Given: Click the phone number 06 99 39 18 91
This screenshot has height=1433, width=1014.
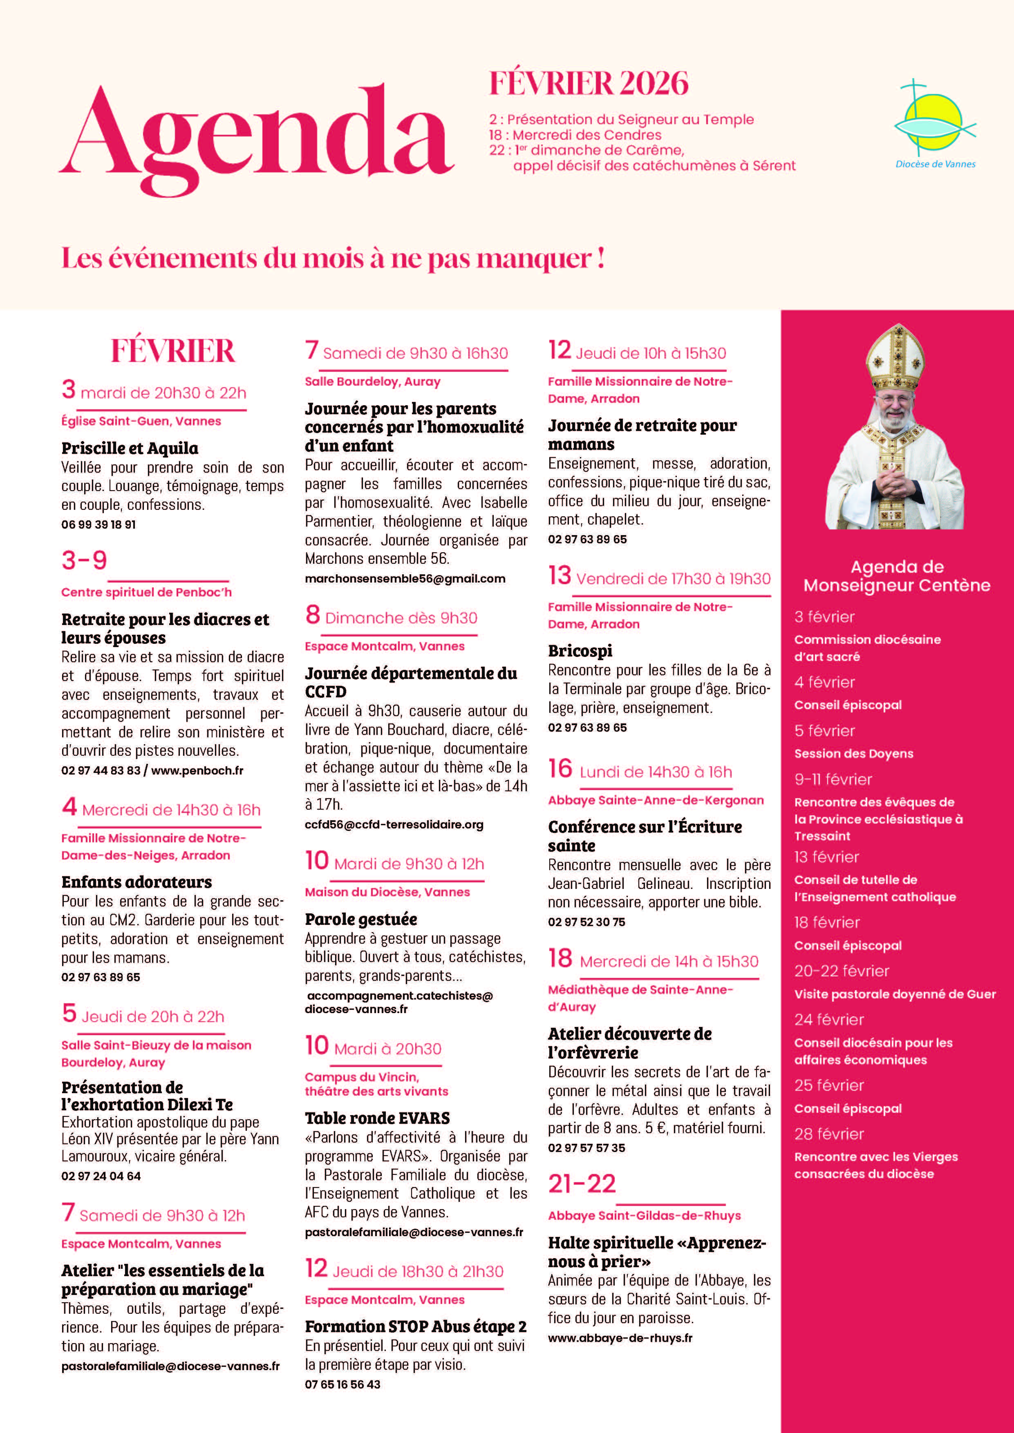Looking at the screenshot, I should [98, 524].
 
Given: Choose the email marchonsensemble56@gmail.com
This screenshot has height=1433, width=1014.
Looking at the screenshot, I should [405, 578].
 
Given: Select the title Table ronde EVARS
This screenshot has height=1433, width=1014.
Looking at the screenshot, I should [377, 1118].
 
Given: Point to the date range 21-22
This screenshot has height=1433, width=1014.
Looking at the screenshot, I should [582, 1184].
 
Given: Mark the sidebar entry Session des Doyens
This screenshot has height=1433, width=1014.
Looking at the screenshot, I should [853, 753].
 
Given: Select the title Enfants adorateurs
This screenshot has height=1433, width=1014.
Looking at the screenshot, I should [136, 882].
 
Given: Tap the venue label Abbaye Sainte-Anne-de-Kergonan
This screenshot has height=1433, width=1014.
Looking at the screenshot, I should [656, 800].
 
